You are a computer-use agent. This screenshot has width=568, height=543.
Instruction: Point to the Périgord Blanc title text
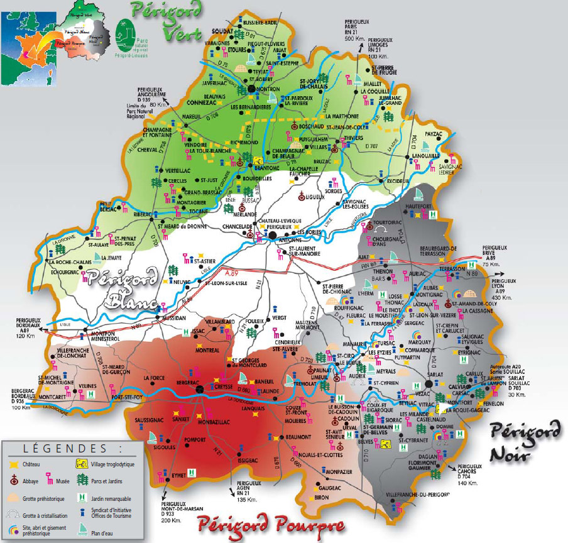[123, 288]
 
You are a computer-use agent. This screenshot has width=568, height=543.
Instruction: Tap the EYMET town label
[180, 476]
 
